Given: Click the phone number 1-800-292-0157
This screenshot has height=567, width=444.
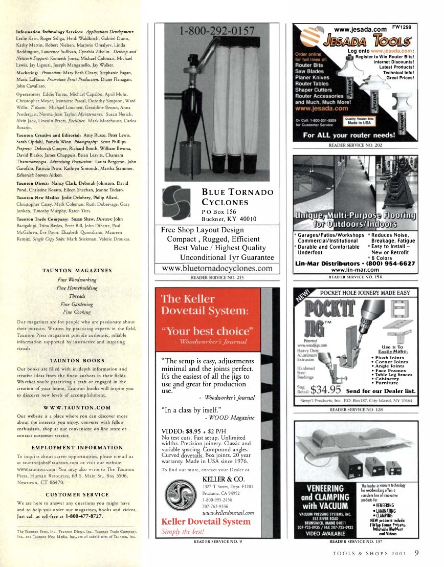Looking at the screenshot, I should pyautogui.click(x=216, y=33).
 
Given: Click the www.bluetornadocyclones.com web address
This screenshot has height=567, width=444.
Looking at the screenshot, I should pyautogui.click(x=217, y=269).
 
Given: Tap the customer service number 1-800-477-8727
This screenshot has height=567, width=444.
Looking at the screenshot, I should pyautogui.click(x=87, y=516).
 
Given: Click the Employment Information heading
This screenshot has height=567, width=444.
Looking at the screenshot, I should pyautogui.click(x=77, y=447).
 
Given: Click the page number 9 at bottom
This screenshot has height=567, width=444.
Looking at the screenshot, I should pyautogui.click(x=417, y=553).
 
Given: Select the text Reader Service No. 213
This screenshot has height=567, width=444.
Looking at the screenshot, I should pyautogui.click(x=217, y=277).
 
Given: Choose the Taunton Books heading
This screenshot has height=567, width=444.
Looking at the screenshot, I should pyautogui.click(x=77, y=361).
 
